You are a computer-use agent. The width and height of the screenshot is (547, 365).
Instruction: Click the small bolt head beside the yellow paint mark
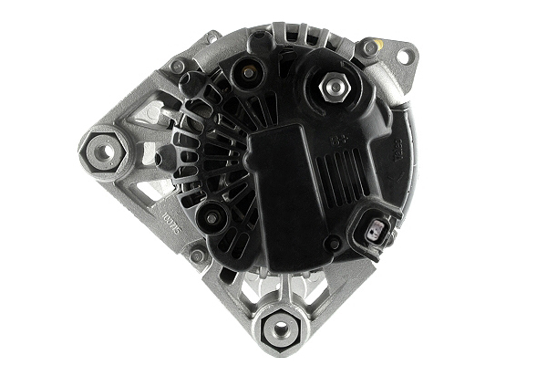(x=369, y=47)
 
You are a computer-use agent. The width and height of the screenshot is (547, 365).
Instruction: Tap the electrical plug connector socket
(x=379, y=231)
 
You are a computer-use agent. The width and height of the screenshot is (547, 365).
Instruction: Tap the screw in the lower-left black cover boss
(x=212, y=217)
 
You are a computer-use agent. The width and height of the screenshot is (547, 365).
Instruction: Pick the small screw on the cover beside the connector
(x=335, y=244)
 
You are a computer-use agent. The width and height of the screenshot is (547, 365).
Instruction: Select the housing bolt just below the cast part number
(x=197, y=255)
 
